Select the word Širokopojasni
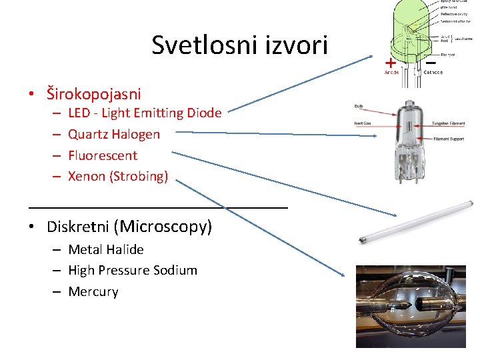(x=94, y=93)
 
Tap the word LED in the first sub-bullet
(x=79, y=113)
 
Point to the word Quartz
(x=88, y=135)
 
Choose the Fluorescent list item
(x=103, y=155)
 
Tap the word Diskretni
(x=78, y=227)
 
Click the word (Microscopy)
(x=164, y=227)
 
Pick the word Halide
(x=125, y=249)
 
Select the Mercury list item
(x=93, y=291)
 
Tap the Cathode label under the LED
(x=433, y=72)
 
